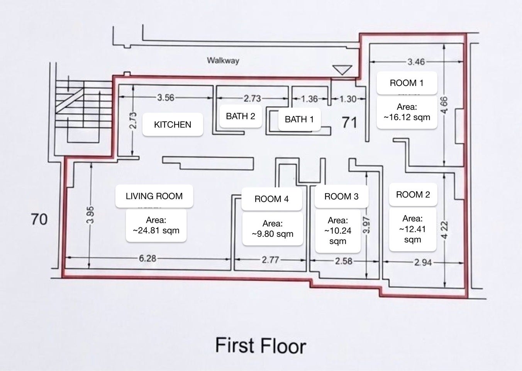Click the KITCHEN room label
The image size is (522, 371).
[173, 124]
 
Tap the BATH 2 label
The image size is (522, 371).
[241, 116]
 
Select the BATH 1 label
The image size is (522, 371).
[299, 119]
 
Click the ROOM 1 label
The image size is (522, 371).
[407, 83]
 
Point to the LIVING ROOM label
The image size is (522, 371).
[154, 196]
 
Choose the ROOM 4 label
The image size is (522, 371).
[271, 199]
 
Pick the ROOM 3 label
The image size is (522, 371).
[341, 197]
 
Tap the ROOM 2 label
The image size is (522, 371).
[413, 195]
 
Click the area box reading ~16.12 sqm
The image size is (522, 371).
[407, 112]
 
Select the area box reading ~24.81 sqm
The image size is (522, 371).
[156, 225]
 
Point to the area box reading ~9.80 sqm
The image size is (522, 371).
[273, 229]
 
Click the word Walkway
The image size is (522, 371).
[223, 61]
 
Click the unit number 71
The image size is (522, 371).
[349, 123]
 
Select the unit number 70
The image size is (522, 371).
[39, 220]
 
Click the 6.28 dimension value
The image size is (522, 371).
[147, 259]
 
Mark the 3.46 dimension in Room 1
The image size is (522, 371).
[416, 62]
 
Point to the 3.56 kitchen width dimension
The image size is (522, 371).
[166, 98]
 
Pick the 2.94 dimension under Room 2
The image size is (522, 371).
[423, 262]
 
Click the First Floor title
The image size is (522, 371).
[261, 345]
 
